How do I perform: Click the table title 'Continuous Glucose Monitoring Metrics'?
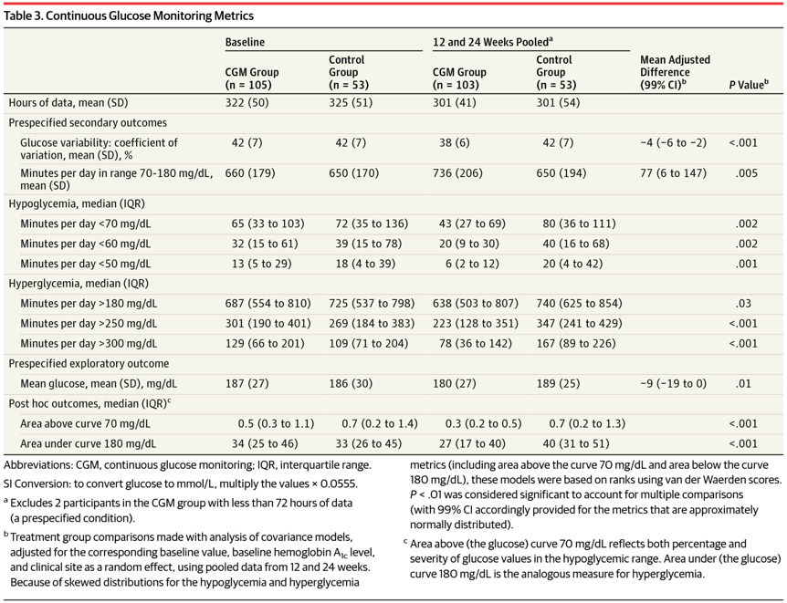pos(150,16)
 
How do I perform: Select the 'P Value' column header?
pos(749,85)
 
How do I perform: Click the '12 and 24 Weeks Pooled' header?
pos(492,42)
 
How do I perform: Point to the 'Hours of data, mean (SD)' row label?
pos(68,103)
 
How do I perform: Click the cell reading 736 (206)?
pos(457,173)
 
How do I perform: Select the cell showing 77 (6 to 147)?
pos(673,173)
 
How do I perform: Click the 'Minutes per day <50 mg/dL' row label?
pos(85,264)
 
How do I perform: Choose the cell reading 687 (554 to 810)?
pos(268,304)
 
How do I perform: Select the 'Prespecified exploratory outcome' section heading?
pos(89,364)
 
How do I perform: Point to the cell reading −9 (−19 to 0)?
pos(673,384)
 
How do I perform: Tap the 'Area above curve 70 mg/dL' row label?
pos(85,424)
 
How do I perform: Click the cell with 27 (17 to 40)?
pos(468,444)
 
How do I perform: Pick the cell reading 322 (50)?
pos(247,103)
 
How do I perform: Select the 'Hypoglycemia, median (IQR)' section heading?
pos(77,203)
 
